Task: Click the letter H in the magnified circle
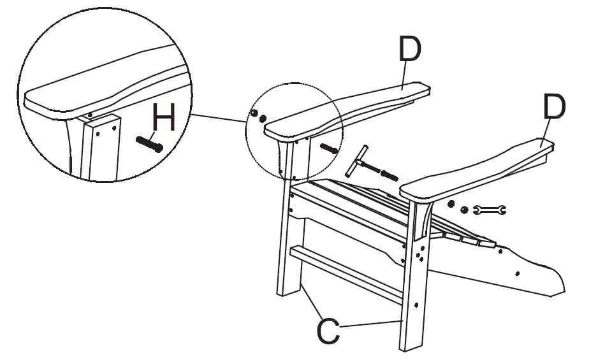pyautogui.click(x=164, y=120)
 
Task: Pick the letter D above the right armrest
pyautogui.click(x=553, y=109)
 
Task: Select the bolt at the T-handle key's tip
pyautogui.click(x=388, y=174)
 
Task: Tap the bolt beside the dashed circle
pyautogui.click(x=330, y=149)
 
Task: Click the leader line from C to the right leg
pyautogui.click(x=370, y=323)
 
